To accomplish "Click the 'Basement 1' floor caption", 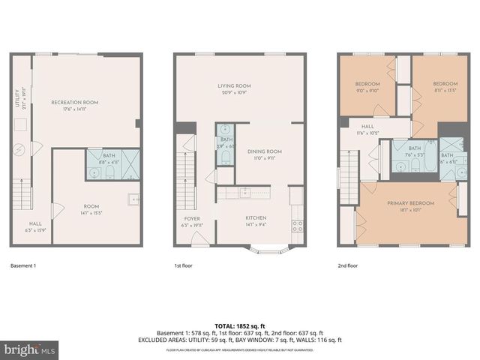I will tap(25, 265).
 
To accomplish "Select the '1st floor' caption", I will tap(184, 265).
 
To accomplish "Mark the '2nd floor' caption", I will tap(347, 265).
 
